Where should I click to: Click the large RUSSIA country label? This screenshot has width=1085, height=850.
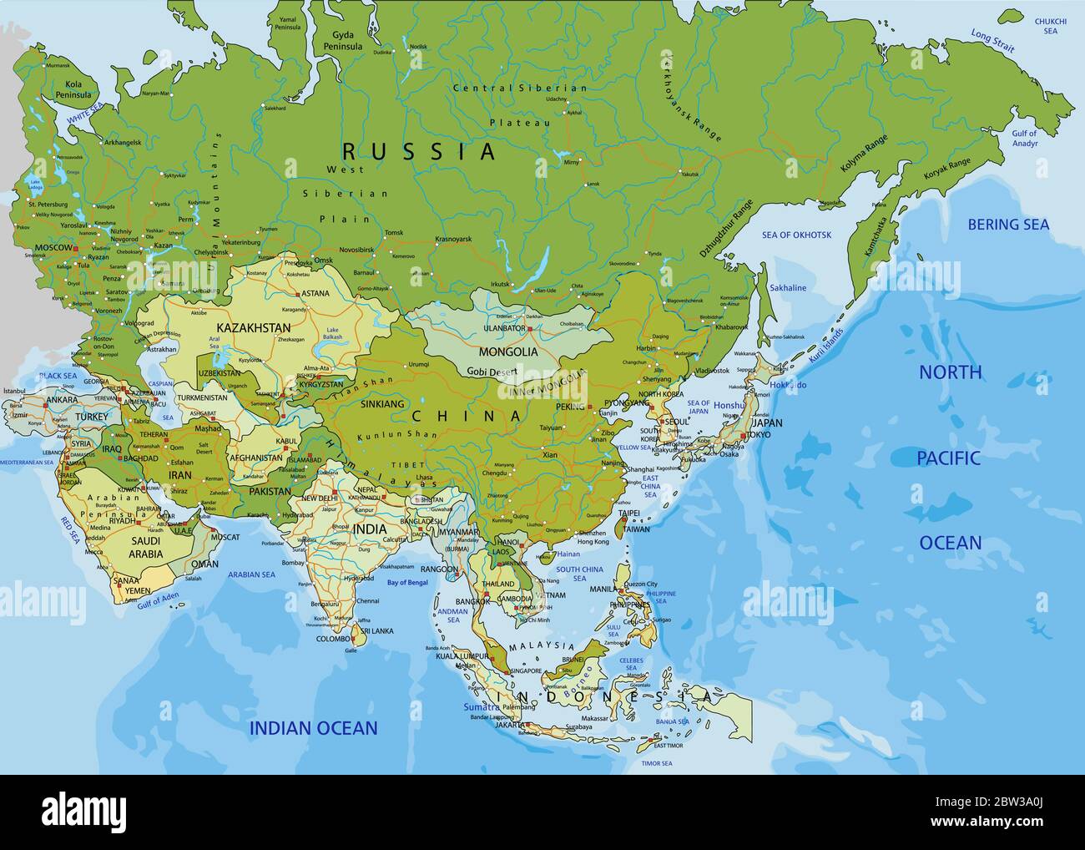coord(419,151)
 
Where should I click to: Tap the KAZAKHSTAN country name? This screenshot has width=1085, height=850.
coord(253,327)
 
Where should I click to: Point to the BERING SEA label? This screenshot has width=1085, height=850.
coord(1008,224)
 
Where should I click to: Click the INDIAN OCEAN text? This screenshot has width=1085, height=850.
coord(313,728)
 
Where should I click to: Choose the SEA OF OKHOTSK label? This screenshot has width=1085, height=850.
coord(796,235)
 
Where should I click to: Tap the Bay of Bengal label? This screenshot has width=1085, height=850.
coord(407,582)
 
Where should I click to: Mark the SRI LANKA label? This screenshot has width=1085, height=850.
coord(376,631)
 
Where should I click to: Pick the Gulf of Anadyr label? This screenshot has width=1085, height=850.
coord(1024,138)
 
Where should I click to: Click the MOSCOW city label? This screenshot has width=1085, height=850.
coord(53,249)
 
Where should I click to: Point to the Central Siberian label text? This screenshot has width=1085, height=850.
coord(519,88)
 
